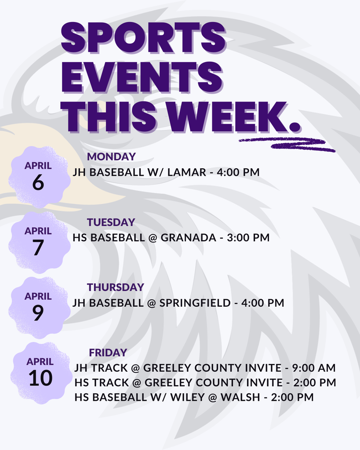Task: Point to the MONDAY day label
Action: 111,156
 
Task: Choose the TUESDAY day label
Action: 111,222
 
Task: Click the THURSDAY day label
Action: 115,287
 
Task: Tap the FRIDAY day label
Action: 108,352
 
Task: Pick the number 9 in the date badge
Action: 38,313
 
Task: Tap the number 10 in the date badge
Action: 40,378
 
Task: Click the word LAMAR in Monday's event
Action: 187,172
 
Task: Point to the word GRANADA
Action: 188,238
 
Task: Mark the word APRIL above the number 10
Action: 40,362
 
